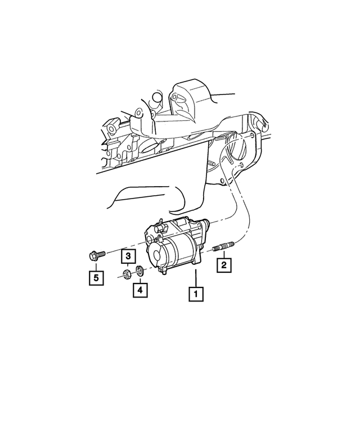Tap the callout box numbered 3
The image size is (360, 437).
click(x=128, y=258)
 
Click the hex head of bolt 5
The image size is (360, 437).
click(x=93, y=257)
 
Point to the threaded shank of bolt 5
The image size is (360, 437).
click(x=102, y=255)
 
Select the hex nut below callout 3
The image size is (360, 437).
click(x=128, y=274)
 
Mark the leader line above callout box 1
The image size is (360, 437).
click(x=195, y=278)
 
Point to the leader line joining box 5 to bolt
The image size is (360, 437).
click(x=94, y=267)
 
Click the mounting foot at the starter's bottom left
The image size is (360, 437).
click(x=163, y=272)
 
